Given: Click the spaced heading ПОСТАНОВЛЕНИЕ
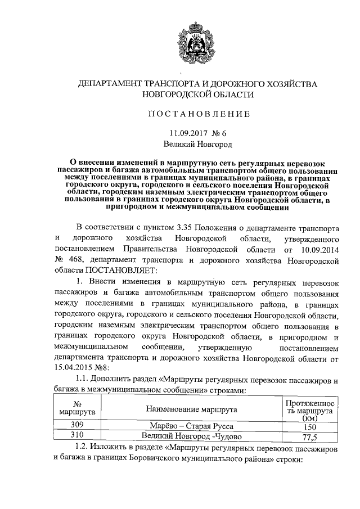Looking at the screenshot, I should pyautogui.click(x=198, y=114).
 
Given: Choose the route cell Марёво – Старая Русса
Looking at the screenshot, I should pyautogui.click(x=191, y=426).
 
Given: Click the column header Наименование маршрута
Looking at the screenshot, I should pyautogui.click(x=191, y=409).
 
